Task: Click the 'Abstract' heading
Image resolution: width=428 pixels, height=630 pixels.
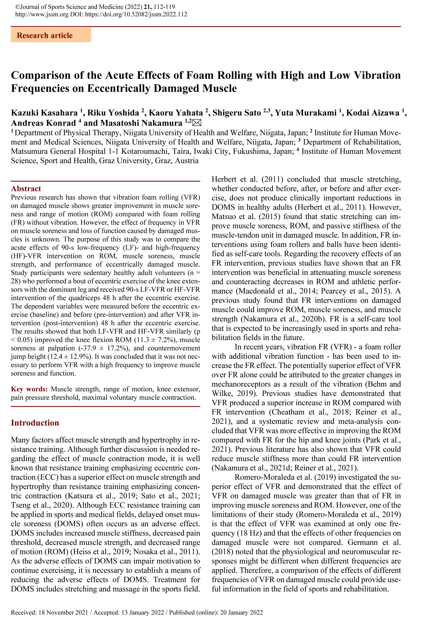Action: pyautogui.click(x=26, y=189)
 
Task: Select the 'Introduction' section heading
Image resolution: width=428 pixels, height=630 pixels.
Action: pyautogui.click(x=35, y=423)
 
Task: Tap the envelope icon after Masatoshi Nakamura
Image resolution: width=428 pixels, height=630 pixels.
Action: pyautogui.click(x=197, y=123)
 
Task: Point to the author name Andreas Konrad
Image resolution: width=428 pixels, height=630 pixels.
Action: pyautogui.click(x=43, y=123)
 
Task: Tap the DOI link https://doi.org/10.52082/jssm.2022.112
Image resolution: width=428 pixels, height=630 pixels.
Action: pyautogui.click(x=136, y=14)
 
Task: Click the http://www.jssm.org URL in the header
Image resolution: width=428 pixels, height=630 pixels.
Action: pyautogui.click(x=42, y=14)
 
